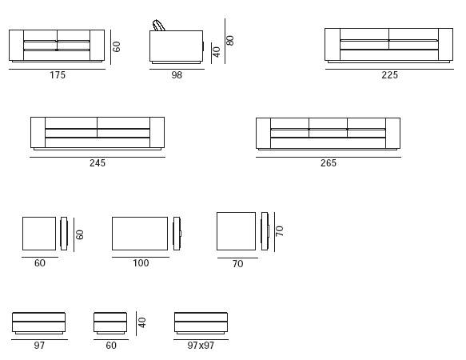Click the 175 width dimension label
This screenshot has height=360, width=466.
click(x=57, y=75)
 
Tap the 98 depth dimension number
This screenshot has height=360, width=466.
click(x=177, y=75)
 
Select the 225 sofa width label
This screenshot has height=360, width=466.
click(x=389, y=75)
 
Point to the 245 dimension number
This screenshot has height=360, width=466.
click(x=98, y=162)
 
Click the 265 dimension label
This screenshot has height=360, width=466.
click(x=328, y=162)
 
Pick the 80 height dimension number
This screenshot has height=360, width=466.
click(x=230, y=41)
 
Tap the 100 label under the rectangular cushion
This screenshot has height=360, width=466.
click(x=141, y=263)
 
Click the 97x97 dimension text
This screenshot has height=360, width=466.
click(x=201, y=346)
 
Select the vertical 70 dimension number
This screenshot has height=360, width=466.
click(x=280, y=231)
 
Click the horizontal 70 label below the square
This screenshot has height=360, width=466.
click(x=237, y=264)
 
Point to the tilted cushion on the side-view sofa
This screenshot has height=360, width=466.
click(x=159, y=26)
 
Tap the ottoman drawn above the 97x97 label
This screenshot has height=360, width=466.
click(x=201, y=323)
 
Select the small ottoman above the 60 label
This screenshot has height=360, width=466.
click(x=110, y=323)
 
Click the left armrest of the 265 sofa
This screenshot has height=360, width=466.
click(x=263, y=133)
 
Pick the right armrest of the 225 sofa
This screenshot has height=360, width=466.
click(x=445, y=45)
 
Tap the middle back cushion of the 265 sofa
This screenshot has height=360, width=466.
click(x=328, y=123)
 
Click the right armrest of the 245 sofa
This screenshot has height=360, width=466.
click(x=157, y=132)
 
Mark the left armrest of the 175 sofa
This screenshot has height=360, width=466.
click(x=16, y=46)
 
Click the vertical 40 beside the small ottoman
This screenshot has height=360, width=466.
click(x=142, y=322)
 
